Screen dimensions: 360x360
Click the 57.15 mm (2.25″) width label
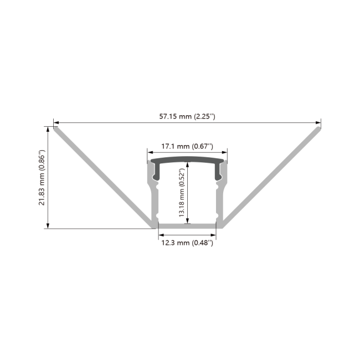(187, 116)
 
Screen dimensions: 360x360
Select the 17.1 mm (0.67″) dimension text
(187, 147)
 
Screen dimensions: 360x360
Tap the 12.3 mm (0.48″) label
(187, 243)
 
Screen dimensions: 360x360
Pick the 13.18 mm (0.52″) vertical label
(182, 193)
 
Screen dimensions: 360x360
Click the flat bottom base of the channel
(187, 226)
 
